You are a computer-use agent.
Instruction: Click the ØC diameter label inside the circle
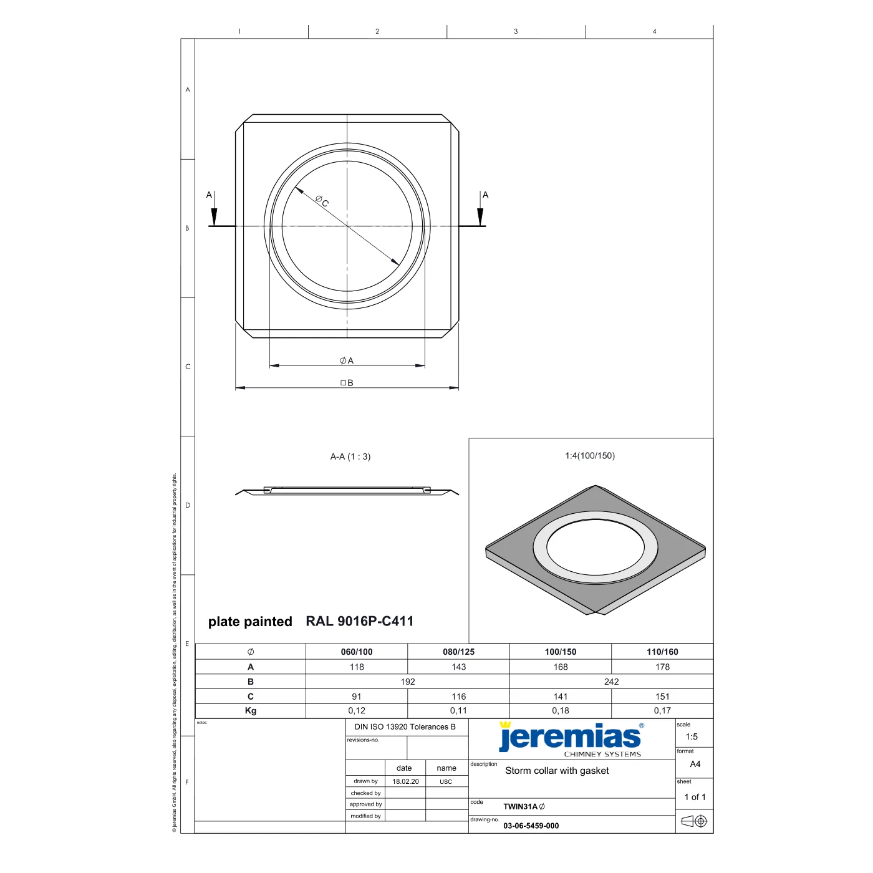tap(322, 201)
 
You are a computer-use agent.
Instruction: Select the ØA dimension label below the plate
tap(347, 360)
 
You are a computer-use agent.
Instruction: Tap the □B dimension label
tap(347, 383)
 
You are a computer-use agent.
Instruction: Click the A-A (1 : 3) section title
tap(350, 456)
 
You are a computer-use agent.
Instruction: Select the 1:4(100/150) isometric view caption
tap(590, 456)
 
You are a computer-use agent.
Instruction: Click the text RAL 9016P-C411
tap(360, 621)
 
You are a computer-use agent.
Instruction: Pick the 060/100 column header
tap(357, 652)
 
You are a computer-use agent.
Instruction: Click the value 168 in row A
tap(561, 667)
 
